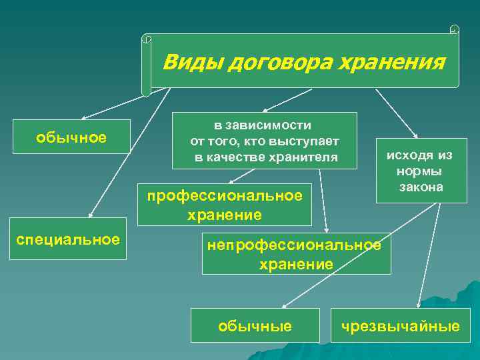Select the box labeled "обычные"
tap(255, 325)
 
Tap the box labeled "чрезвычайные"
tap(400, 325)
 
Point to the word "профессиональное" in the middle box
tap(225, 195)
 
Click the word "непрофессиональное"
tap(294, 245)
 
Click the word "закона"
tap(421, 187)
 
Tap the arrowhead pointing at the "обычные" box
tap(283, 306)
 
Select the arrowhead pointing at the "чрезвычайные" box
tap(419, 306)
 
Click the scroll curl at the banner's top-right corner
tap(455, 29)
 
